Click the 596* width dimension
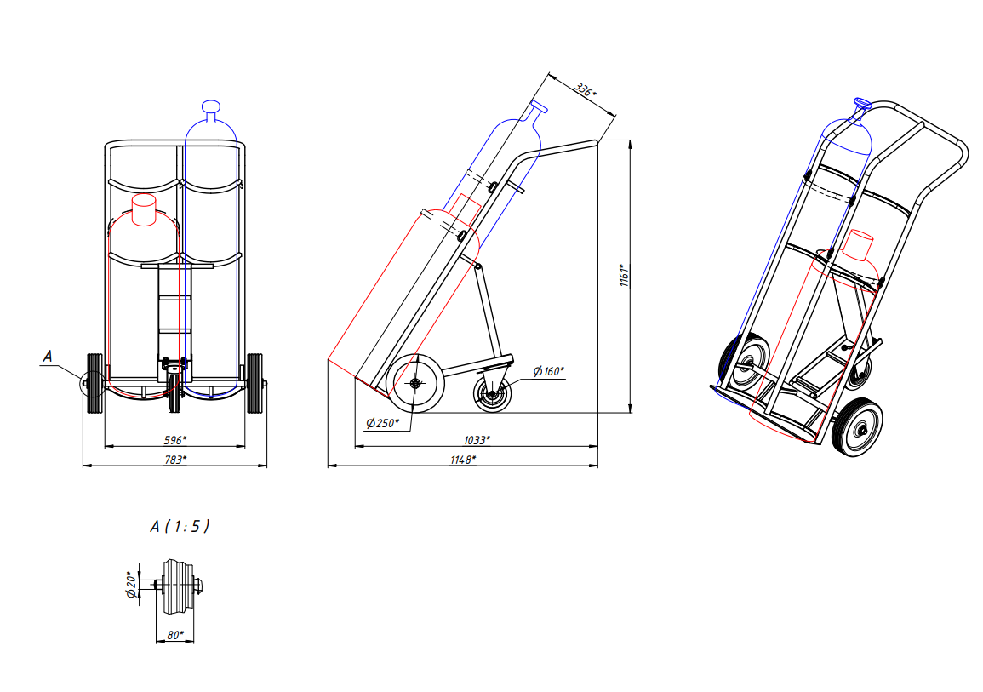tap(175, 440)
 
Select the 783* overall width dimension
tap(175, 460)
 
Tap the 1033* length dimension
tap(477, 440)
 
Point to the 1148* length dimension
tap(463, 460)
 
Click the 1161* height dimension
tap(625, 275)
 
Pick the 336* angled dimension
tap(585, 89)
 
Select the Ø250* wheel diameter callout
tap(382, 423)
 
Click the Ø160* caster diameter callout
tap(549, 371)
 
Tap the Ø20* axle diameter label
tap(132, 584)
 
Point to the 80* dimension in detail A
tap(175, 635)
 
